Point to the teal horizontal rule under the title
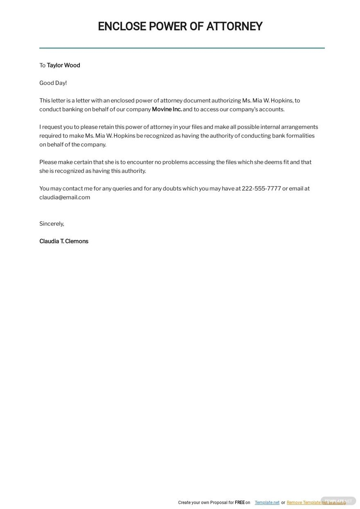click(x=182, y=48)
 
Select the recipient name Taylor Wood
click(x=63, y=66)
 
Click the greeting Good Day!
click(x=53, y=83)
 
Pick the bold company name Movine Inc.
click(x=166, y=109)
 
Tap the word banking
click(x=72, y=109)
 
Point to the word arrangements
click(x=299, y=127)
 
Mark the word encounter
click(x=140, y=162)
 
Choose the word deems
click(x=273, y=162)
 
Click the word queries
click(x=122, y=189)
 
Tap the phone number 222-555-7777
click(x=261, y=189)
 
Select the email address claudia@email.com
click(x=65, y=197)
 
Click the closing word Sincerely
click(x=52, y=224)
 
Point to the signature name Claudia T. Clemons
click(x=64, y=242)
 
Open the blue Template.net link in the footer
click(x=267, y=502)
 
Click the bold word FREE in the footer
click(x=240, y=502)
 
